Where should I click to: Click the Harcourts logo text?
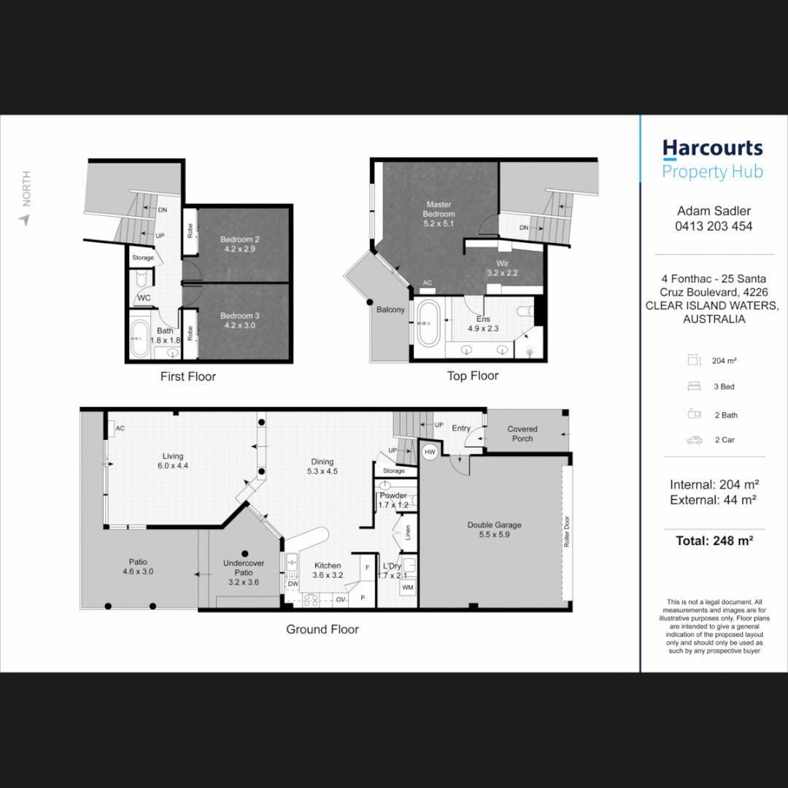pos(712,149)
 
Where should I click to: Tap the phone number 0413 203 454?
pos(714,226)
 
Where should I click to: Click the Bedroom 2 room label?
pos(240,244)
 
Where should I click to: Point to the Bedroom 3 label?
pos(240,320)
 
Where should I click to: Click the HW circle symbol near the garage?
pos(429,452)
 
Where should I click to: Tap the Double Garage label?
pos(494,529)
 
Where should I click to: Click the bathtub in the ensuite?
pos(428,322)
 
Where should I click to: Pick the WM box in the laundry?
pos(406,586)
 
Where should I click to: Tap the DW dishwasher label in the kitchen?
pos(292,584)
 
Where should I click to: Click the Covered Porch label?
pos(522,433)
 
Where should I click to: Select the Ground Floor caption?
pos(322,629)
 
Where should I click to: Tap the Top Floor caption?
pos(472,376)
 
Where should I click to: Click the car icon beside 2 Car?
pos(694,440)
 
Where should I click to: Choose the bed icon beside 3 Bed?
pos(694,387)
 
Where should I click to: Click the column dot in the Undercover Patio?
pos(245,553)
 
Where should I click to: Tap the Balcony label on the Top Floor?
pos(390,309)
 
